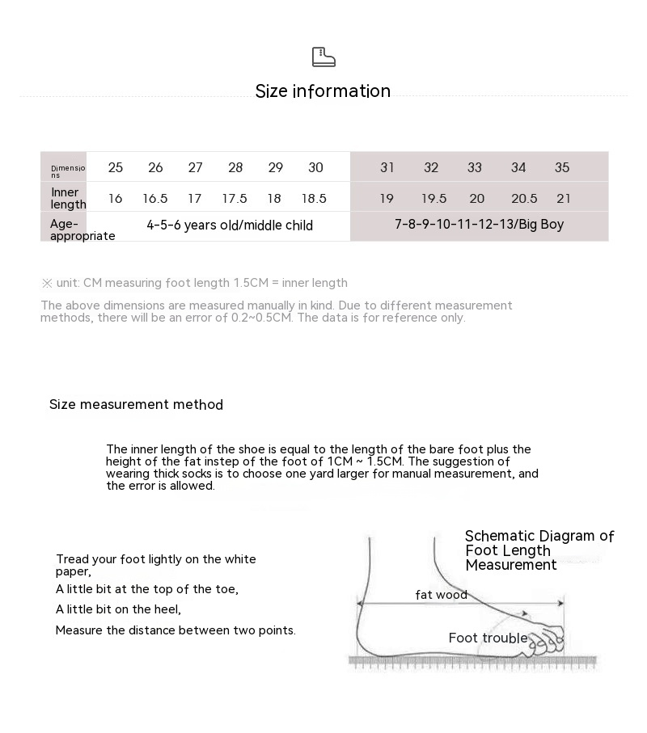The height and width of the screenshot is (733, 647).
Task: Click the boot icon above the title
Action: coord(323,57)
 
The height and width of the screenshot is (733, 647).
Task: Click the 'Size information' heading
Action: coord(323,91)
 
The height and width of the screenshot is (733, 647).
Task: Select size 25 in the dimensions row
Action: coord(116,167)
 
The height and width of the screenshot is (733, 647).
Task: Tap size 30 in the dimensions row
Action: coord(315,167)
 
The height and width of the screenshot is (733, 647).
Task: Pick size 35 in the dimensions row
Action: coord(562,167)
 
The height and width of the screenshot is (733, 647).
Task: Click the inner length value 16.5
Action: coord(155,198)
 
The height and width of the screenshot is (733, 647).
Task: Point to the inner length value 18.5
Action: coord(314,198)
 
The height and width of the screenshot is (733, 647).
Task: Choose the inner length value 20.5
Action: coord(524,198)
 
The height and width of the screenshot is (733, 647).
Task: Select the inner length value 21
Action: coord(564,198)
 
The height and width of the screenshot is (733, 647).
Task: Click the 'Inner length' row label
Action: coord(68,198)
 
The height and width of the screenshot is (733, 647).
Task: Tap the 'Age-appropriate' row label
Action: coord(82,230)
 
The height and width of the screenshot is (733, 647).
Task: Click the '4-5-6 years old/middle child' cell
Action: coord(230,225)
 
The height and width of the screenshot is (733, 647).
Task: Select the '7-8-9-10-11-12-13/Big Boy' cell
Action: coord(479,225)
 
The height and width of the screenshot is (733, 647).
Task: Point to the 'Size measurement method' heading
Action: coord(136,405)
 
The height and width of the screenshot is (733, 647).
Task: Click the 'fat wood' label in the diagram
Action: coord(441,595)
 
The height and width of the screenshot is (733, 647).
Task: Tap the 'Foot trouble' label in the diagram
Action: coord(488,638)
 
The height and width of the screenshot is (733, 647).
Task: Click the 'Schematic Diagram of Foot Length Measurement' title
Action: coord(539,550)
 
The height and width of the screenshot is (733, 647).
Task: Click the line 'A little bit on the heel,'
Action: coord(118,609)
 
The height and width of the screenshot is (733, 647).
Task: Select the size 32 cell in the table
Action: coord(431,167)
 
